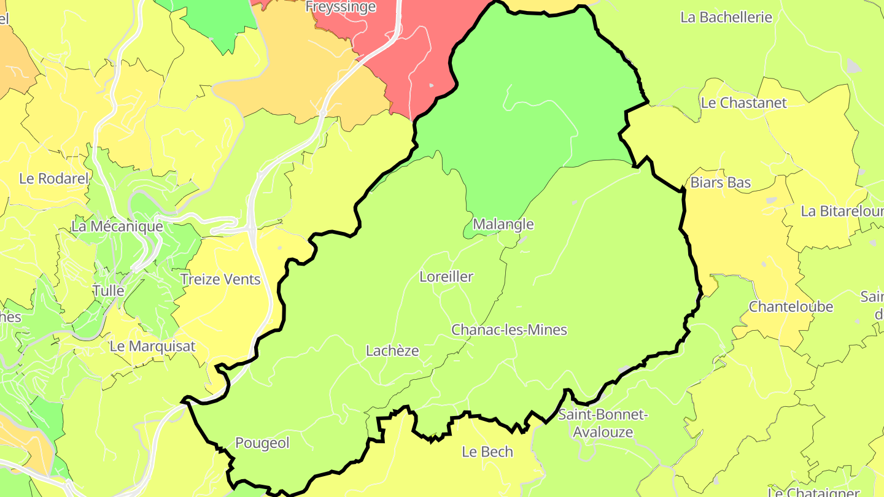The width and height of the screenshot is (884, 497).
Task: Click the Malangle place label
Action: tap(503, 225)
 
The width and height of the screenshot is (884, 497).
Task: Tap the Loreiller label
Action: tap(446, 277)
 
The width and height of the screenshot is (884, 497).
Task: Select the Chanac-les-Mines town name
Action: tap(509, 330)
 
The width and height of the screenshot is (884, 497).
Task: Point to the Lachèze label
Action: tap(392, 351)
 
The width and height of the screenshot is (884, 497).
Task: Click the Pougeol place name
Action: tap(262, 443)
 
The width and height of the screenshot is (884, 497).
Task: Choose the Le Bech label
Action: tap(487, 452)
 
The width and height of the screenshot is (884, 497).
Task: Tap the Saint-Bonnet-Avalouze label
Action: tap(603, 423)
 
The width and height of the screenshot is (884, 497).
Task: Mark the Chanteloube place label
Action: tap(791, 307)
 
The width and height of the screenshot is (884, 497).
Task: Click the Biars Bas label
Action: tap(721, 183)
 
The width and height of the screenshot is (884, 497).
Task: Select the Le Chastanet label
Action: tap(743, 103)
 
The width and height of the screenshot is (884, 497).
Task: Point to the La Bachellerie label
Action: tap(726, 17)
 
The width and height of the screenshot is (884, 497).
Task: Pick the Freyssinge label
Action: tap(341, 7)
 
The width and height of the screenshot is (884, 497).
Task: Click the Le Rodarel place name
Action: tap(54, 179)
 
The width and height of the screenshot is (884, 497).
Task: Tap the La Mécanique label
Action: tap(117, 226)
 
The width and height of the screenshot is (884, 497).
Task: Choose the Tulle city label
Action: tap(108, 291)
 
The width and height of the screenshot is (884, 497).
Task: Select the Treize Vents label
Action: tap(220, 280)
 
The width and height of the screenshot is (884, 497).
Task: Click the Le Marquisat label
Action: tap(152, 346)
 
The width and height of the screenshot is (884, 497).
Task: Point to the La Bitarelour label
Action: tap(842, 212)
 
